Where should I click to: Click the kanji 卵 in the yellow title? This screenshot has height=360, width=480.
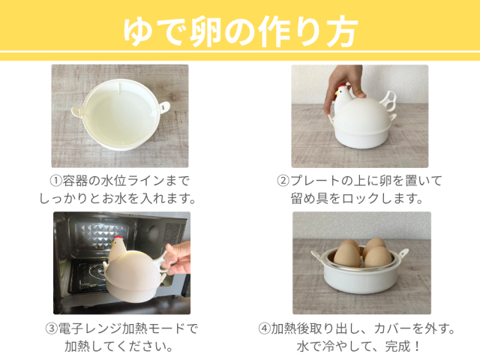point(205,31)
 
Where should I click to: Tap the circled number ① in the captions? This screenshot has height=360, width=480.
point(55,181)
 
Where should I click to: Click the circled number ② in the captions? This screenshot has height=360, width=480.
point(283,181)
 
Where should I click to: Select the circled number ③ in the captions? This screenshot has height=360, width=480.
point(52,328)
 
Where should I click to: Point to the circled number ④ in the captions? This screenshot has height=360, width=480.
point(264,328)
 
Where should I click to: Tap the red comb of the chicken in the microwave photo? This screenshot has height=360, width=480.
point(118,238)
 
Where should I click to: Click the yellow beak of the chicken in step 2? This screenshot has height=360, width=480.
point(337,91)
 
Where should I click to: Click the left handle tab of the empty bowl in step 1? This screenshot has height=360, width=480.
point(76,111)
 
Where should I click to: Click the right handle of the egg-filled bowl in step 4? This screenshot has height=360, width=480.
point(403,254)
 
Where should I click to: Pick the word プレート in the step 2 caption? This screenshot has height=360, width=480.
point(315,181)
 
